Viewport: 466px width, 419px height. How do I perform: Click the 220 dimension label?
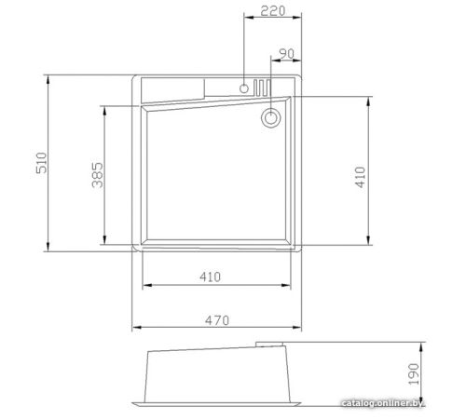click(272, 11)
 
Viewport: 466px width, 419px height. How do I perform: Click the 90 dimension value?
click(286, 54)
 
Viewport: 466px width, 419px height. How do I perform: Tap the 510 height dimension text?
click(42, 163)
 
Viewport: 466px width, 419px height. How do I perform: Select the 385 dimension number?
click(98, 175)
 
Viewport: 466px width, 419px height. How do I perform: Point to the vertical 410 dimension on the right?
click(361, 177)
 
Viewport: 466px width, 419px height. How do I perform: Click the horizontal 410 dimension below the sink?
click(211, 277)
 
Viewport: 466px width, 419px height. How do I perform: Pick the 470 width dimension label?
click(217, 320)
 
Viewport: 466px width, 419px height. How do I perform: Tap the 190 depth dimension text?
click(414, 374)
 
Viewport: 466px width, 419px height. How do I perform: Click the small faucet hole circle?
click(244, 88)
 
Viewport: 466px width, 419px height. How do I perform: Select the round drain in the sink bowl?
click(271, 118)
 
